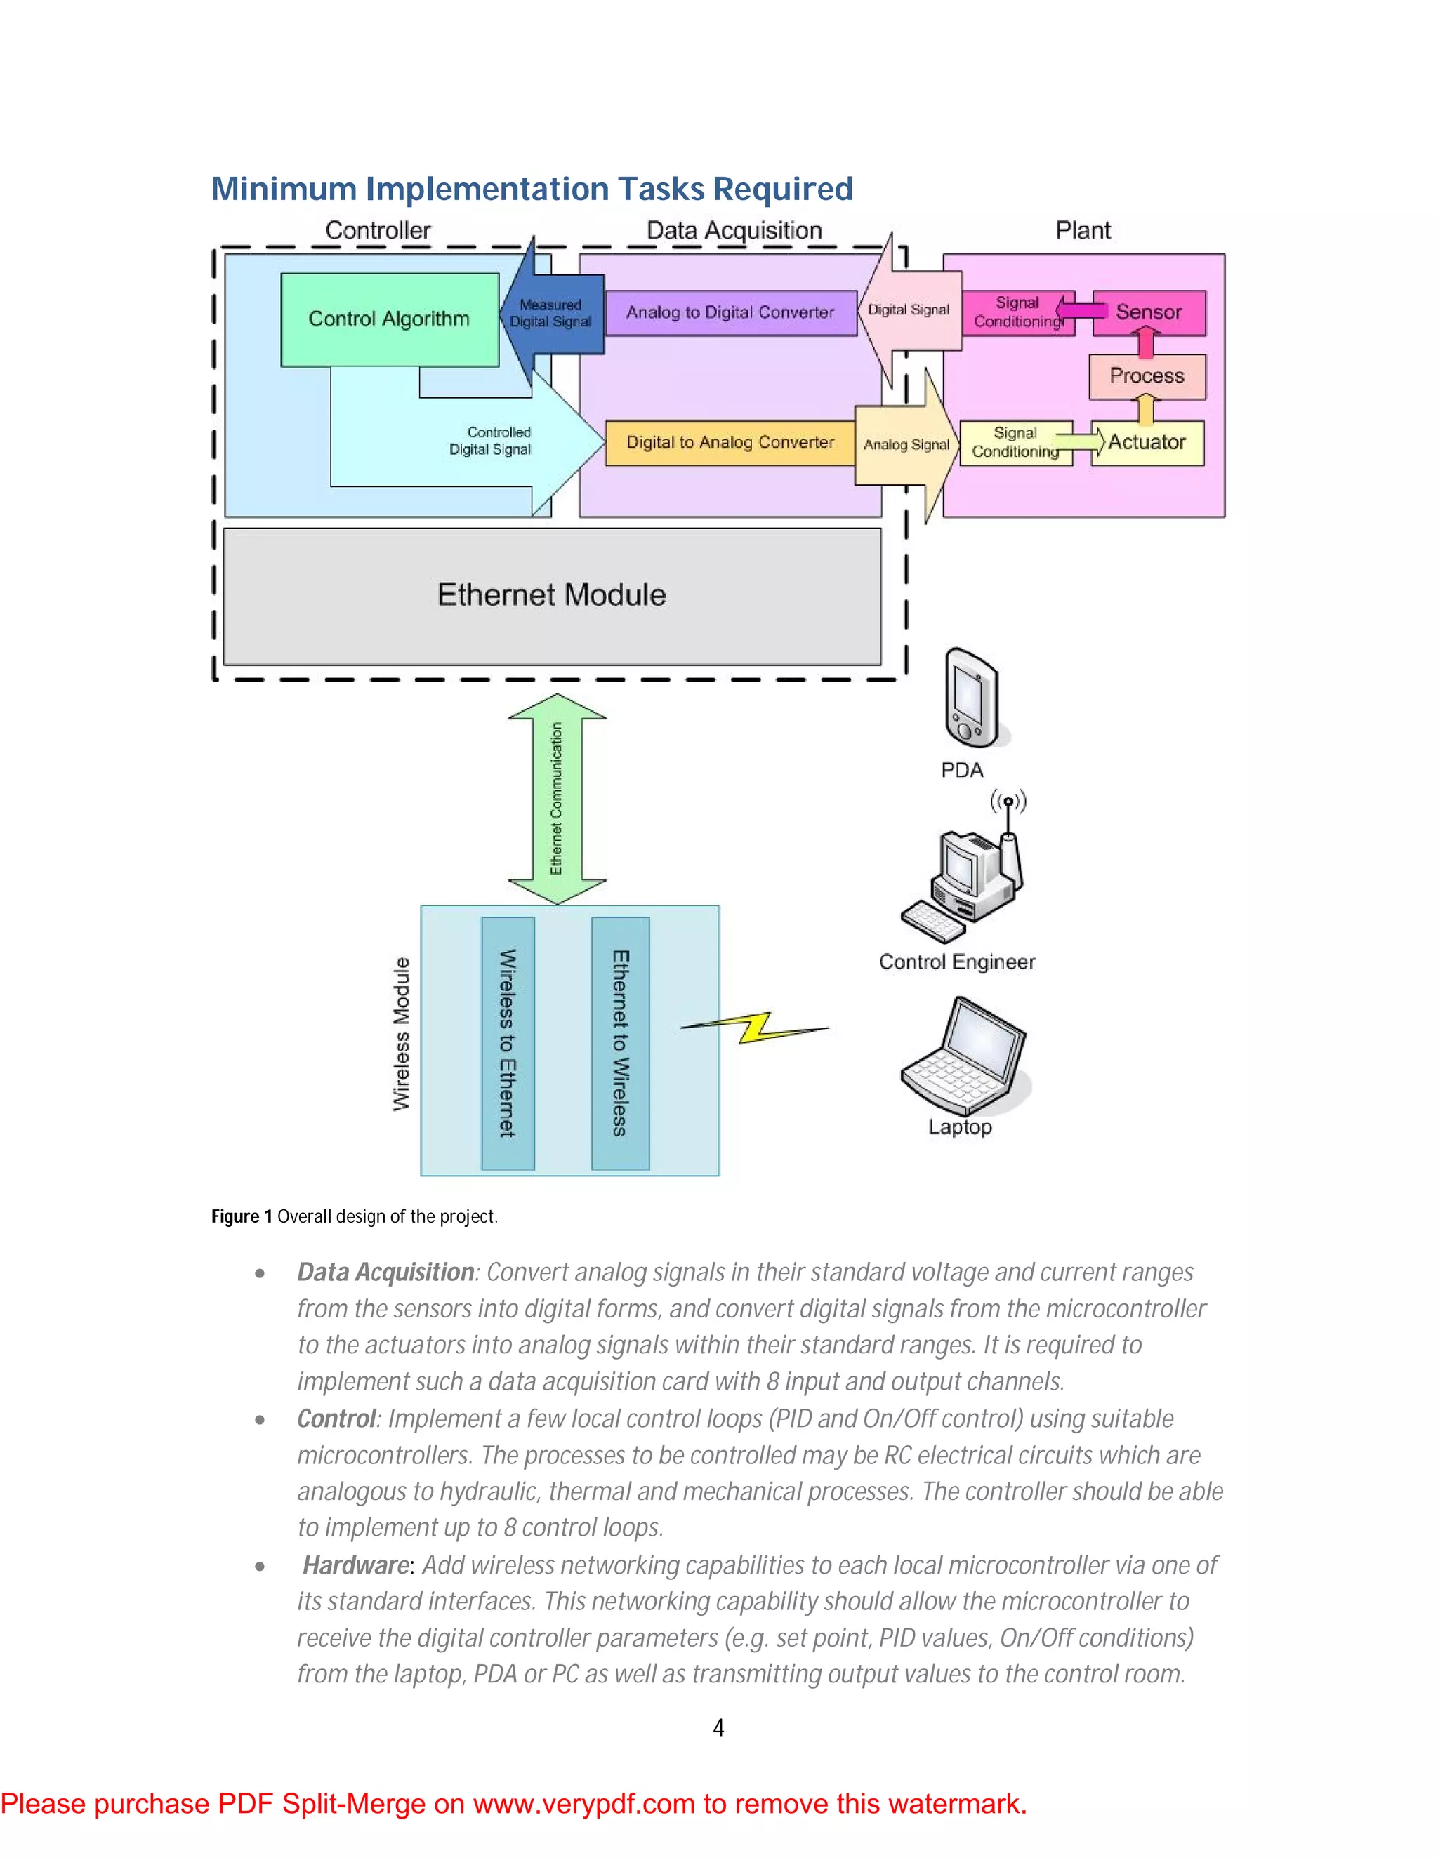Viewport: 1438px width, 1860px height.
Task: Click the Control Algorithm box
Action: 389,319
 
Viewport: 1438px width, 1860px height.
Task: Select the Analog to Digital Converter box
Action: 730,312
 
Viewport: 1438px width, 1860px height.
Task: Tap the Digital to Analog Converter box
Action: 730,443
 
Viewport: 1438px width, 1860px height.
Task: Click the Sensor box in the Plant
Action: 1148,312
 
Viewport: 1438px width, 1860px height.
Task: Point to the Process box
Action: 1147,376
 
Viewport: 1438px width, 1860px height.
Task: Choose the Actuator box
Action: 1147,443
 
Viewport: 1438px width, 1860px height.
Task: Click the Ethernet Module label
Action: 551,594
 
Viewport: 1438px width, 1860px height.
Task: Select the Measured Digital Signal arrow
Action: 551,314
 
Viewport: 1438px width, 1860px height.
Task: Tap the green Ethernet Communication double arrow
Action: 556,799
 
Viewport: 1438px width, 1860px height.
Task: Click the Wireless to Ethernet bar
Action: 508,1043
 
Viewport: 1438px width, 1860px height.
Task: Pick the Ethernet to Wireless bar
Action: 620,1043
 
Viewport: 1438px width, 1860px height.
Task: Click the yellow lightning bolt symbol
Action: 755,1028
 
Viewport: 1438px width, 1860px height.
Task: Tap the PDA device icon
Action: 970,698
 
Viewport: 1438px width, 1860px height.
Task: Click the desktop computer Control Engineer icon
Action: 963,886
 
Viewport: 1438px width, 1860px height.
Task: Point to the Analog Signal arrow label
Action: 906,444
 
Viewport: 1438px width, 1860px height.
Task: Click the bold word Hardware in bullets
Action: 356,1565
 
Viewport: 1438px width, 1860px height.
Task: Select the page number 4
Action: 718,1728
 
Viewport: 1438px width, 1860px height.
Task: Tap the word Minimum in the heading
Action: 284,189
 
